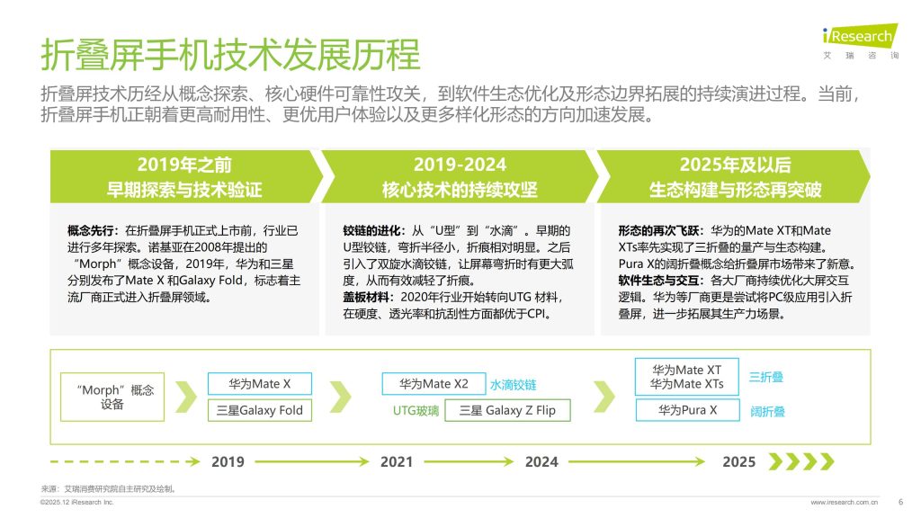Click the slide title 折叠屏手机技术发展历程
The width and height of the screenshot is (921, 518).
(x=230, y=56)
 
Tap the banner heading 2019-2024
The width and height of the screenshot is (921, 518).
(x=460, y=165)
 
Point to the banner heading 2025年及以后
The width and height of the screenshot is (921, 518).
(x=735, y=165)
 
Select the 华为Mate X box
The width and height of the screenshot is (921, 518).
(x=260, y=384)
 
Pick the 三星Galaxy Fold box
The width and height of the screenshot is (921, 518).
(x=260, y=411)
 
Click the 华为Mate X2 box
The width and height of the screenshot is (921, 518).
(x=434, y=384)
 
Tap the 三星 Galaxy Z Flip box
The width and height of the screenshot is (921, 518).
(x=507, y=411)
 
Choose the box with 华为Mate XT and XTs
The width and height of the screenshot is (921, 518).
(x=687, y=377)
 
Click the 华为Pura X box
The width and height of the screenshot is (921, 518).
(x=687, y=410)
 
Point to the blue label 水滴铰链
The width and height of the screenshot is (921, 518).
(x=513, y=384)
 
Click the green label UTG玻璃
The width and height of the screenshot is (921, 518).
(x=416, y=411)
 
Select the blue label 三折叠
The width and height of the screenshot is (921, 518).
(x=766, y=377)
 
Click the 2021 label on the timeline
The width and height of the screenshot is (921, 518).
(x=397, y=461)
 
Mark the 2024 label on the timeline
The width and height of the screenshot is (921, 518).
(x=541, y=461)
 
